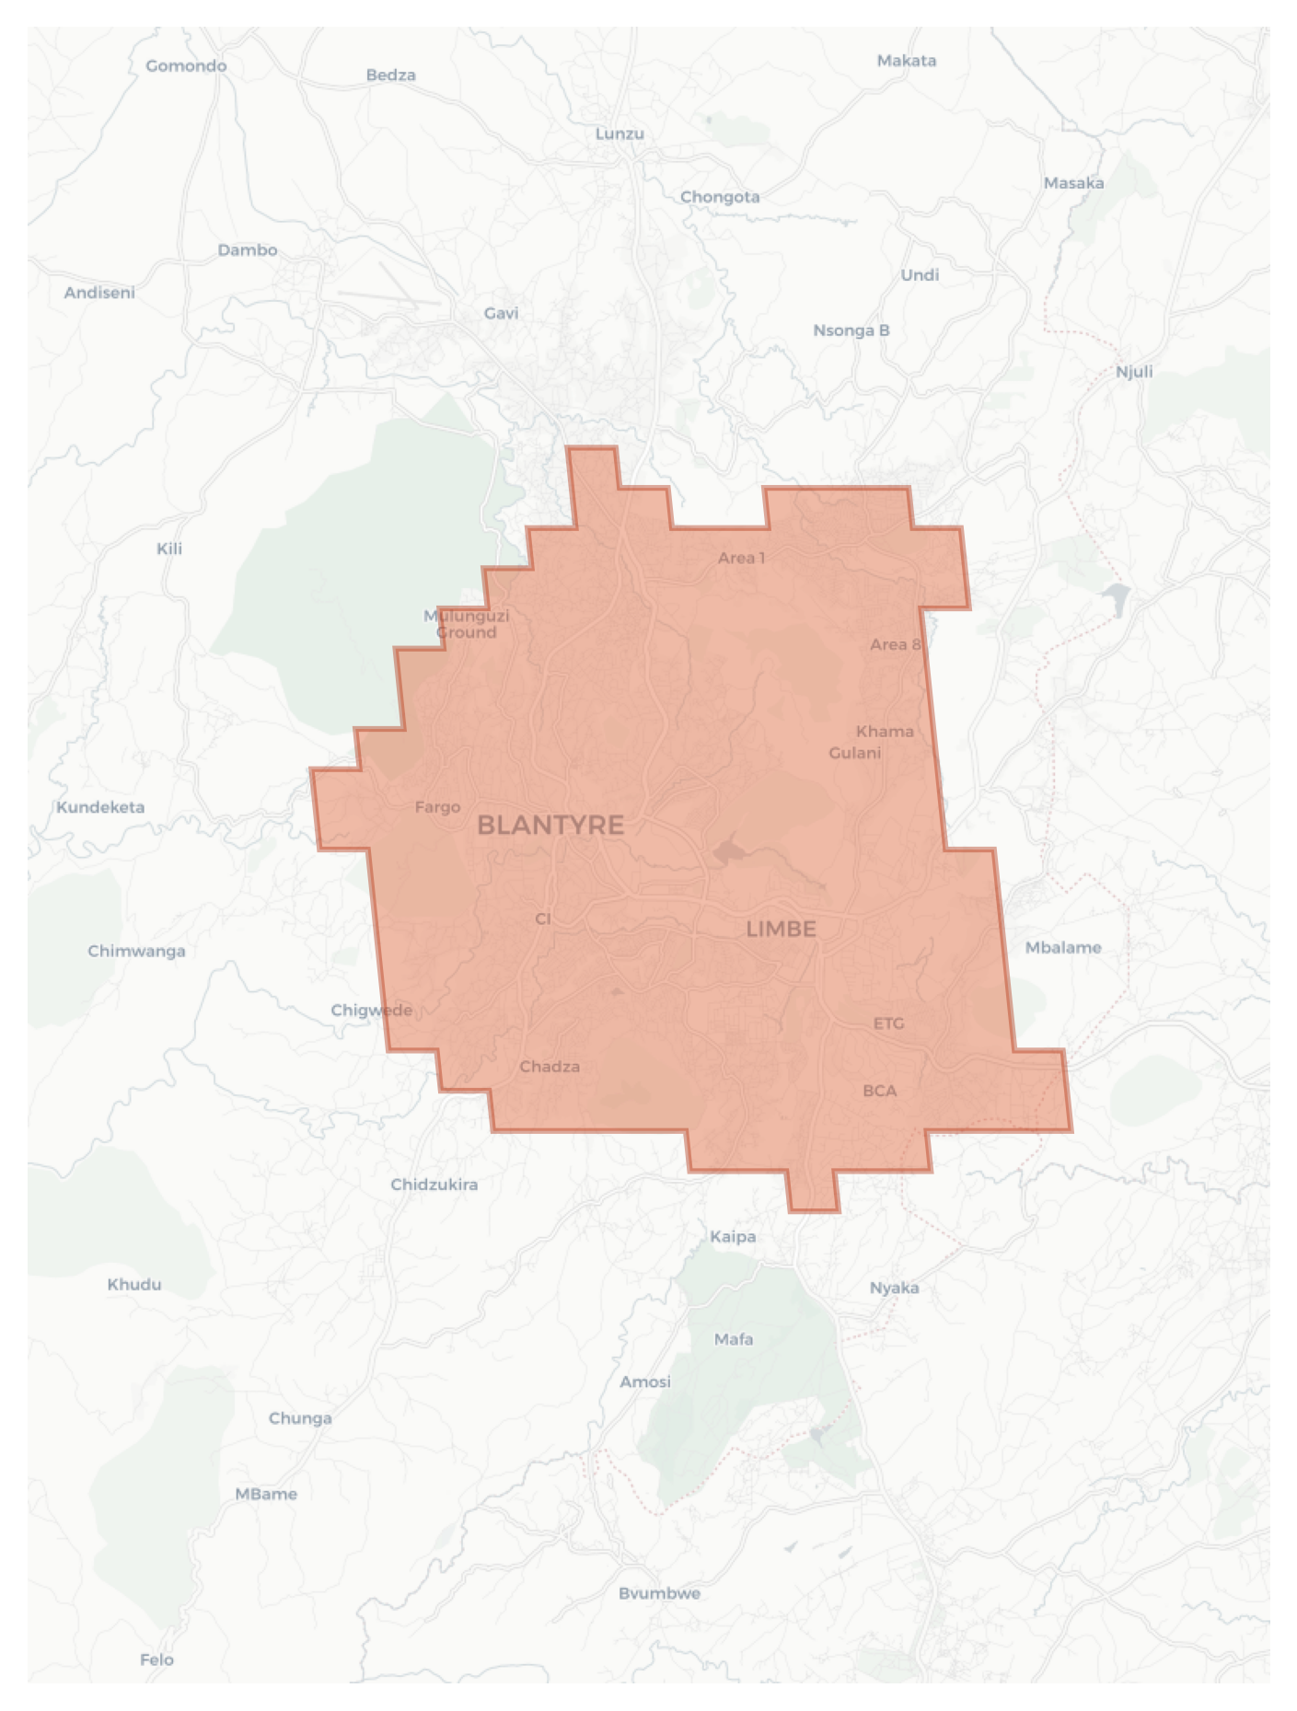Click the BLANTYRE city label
(550, 825)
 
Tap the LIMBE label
(781, 929)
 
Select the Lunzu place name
(620, 133)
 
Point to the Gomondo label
(186, 66)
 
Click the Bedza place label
(391, 75)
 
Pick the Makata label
(907, 61)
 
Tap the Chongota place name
(720, 197)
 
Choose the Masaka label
(1073, 183)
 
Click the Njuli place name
(1134, 372)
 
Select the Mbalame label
(1063, 947)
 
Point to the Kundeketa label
(100, 807)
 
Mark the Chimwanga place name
(136, 951)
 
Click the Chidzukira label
(434, 1185)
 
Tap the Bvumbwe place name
(659, 1593)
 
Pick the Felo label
(156, 1659)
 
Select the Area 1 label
(741, 558)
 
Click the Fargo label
(437, 807)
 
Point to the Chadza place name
(550, 1067)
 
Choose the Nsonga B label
(851, 330)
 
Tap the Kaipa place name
(733, 1236)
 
